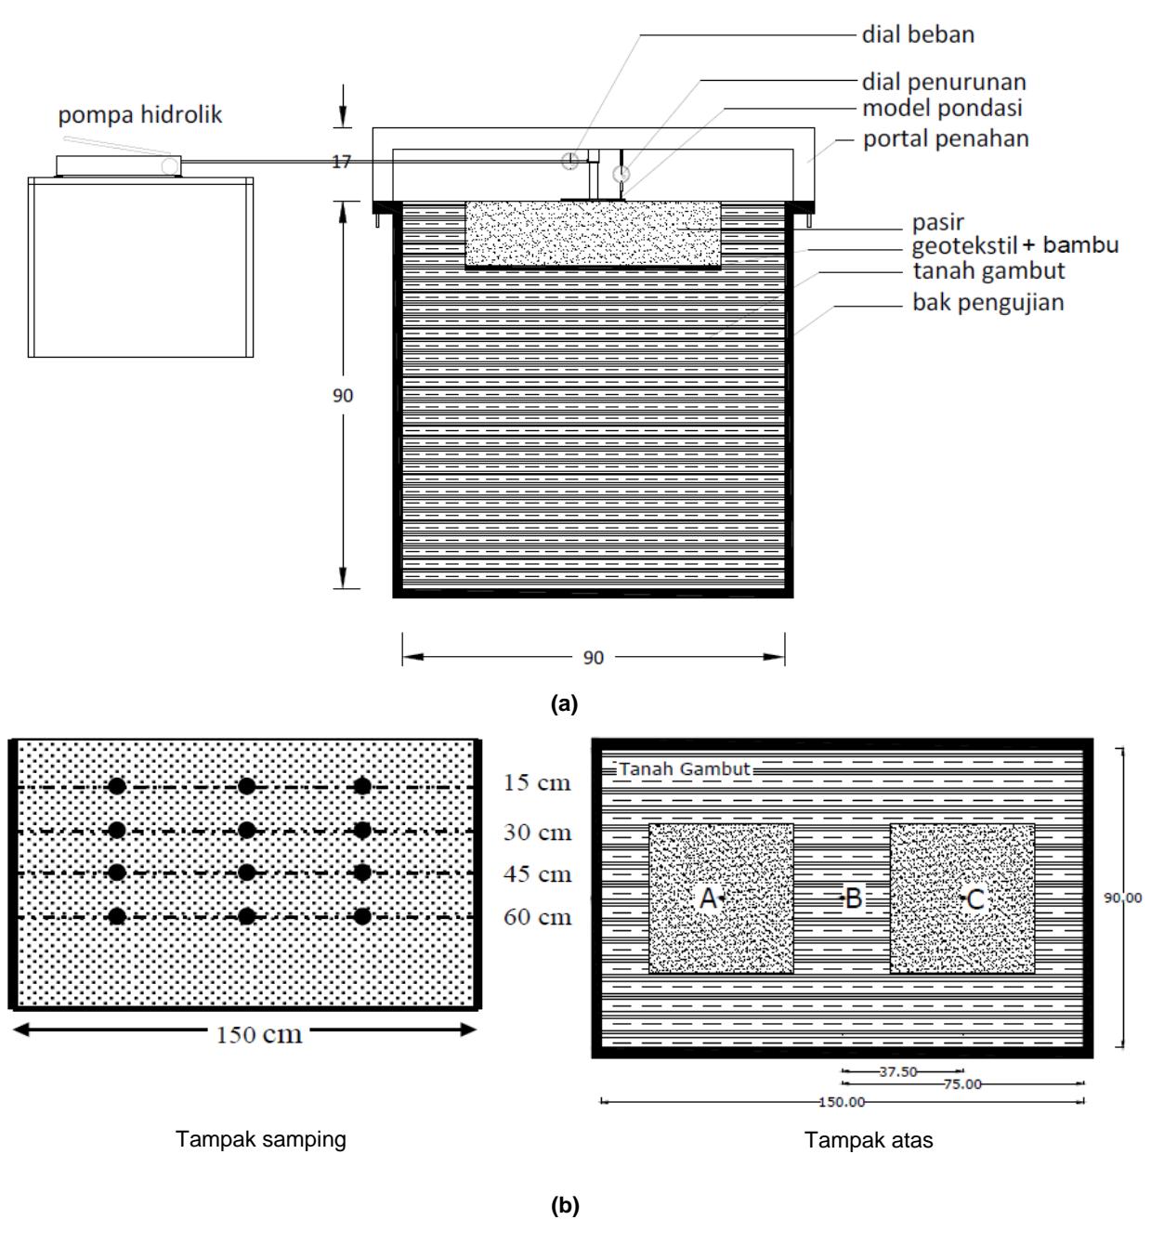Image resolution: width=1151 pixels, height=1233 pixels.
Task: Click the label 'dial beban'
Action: [x=918, y=34]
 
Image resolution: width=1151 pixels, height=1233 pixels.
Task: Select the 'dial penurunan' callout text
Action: [x=944, y=83]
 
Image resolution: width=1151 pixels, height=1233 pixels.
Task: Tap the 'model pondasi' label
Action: [x=942, y=109]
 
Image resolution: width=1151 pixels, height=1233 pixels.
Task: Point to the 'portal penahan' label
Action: [x=946, y=139]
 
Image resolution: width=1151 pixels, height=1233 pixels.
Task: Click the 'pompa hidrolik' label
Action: [x=139, y=115]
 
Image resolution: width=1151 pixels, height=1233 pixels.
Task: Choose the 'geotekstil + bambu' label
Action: [x=1014, y=246]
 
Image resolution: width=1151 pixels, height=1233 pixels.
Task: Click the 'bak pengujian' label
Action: [x=988, y=303]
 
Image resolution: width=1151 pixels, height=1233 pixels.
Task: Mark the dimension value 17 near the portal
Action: [x=342, y=162]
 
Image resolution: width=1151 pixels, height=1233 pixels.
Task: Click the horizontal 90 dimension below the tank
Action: [x=593, y=658]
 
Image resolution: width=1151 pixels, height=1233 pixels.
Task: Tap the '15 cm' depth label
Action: [x=537, y=783]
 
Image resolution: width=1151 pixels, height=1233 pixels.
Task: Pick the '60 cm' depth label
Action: [x=537, y=917]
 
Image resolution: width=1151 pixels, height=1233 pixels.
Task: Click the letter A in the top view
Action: [x=708, y=899]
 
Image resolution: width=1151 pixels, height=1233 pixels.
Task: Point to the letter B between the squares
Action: [x=855, y=899]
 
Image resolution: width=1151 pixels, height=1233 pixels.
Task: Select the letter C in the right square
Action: [x=975, y=899]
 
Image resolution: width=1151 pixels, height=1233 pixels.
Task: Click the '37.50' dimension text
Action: [x=898, y=1071]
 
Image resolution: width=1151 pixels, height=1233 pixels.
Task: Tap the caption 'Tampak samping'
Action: [x=261, y=1140]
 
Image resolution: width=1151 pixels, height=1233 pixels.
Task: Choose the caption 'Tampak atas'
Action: [x=869, y=1140]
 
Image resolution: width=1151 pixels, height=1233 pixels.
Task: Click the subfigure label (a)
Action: [x=564, y=704]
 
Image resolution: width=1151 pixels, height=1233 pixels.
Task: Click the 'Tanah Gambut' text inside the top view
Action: [x=685, y=769]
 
